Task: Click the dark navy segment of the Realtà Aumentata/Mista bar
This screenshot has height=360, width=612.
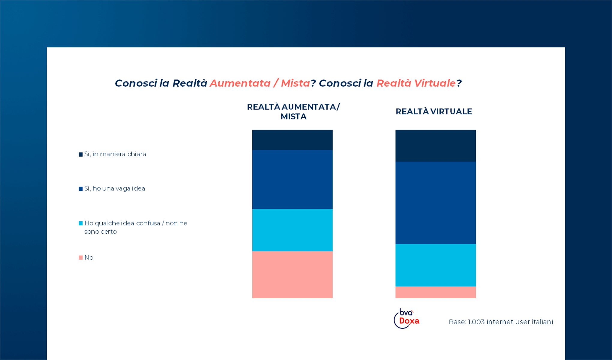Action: coord(292,140)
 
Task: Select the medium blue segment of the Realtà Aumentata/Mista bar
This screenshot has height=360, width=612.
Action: coord(292,179)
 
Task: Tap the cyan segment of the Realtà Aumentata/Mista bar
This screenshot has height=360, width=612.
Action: coord(292,230)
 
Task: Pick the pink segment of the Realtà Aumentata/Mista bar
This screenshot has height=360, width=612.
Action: coord(292,274)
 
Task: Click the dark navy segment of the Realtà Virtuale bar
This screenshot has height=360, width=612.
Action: coord(435,146)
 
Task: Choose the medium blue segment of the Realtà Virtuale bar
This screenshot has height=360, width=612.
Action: coord(435,203)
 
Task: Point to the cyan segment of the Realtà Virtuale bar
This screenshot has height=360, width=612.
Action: coord(435,265)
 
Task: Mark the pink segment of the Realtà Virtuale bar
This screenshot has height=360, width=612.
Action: coord(435,292)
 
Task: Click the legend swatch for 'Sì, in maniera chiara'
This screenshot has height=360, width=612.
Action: coord(81,154)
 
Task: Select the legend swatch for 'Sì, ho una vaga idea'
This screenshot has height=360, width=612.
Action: coord(81,189)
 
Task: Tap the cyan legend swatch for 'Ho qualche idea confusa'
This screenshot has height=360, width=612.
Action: coord(81,223)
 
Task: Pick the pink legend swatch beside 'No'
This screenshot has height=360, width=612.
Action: coord(81,257)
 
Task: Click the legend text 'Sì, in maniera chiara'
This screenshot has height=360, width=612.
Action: coord(115,154)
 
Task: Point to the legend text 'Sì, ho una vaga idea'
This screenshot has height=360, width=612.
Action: coord(115,188)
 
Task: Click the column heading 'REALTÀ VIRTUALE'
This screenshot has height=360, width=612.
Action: coord(434,112)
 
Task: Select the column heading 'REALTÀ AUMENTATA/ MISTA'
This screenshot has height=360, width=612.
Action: coord(293,112)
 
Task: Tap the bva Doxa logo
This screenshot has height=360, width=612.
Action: coord(407,319)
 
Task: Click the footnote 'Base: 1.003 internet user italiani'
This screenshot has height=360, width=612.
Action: coord(501,322)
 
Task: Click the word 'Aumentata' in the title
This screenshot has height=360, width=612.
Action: coord(240,83)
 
